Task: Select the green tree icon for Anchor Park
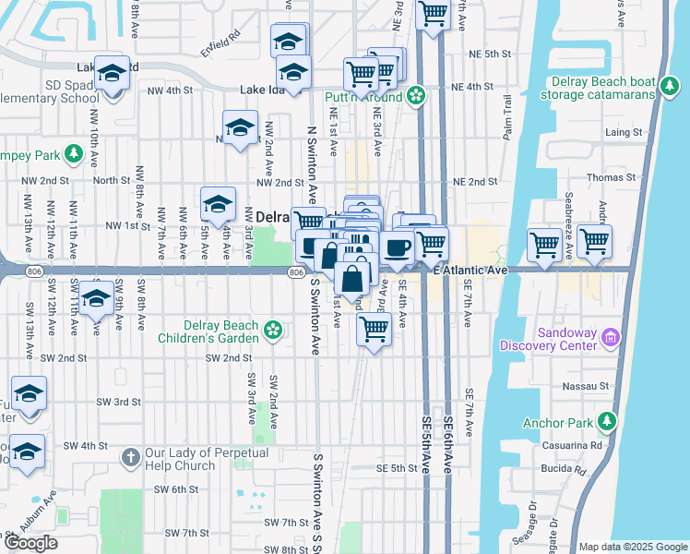coord(606,423)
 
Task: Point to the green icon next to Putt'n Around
coord(416,96)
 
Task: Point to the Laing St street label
coord(623,133)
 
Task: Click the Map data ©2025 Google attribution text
coord(633,547)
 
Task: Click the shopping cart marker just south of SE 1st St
coord(374,330)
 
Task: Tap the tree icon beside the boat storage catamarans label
coord(669,90)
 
